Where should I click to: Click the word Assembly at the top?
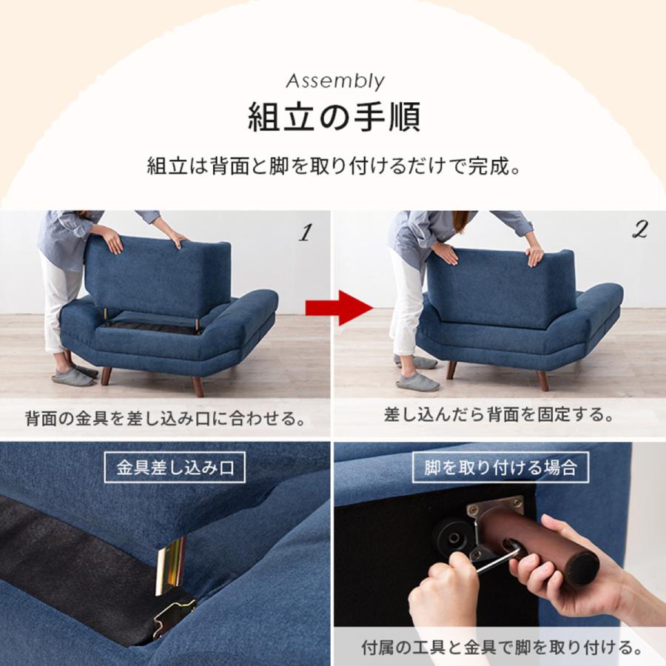click(334, 80)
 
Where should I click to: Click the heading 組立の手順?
click(334, 117)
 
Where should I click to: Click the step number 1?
click(303, 233)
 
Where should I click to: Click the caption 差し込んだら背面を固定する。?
click(499, 414)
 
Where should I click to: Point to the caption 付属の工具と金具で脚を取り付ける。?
click(501, 648)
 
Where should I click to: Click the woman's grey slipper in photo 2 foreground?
click(417, 382)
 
